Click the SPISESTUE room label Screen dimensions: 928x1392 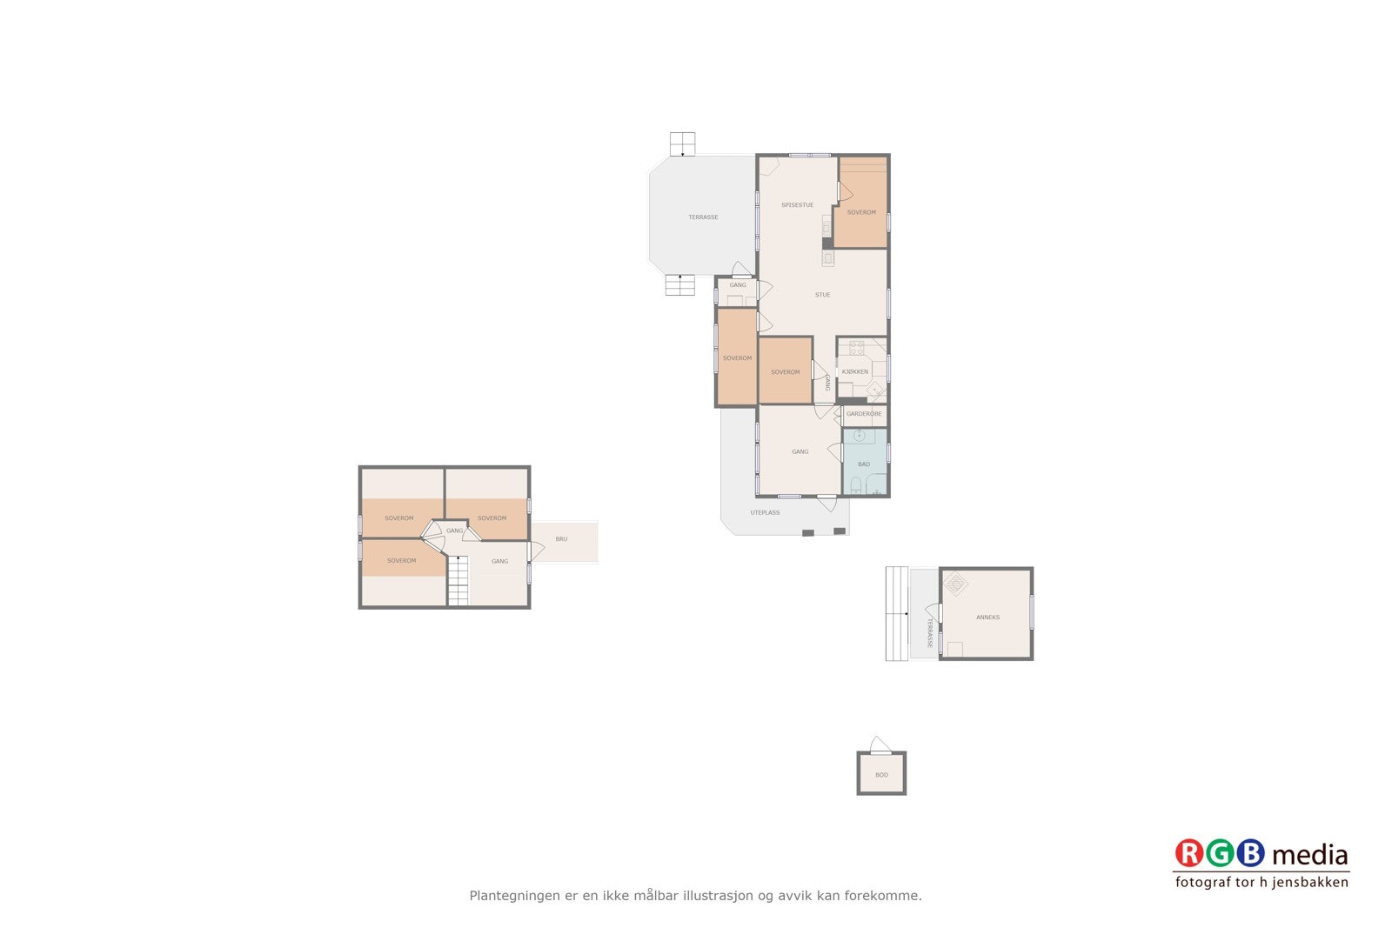tap(797, 205)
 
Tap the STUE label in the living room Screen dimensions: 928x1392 tap(822, 295)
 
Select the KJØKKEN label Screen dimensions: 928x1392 tap(855, 371)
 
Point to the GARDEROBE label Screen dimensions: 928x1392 tap(864, 414)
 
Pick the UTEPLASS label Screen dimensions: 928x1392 tap(765, 513)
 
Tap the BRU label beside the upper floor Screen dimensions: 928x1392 tap(562, 539)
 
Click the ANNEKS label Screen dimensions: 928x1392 tap(987, 618)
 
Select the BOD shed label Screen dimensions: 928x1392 tap(881, 775)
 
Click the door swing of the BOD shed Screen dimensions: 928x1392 tap(880, 744)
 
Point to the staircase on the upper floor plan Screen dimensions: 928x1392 tap(458, 581)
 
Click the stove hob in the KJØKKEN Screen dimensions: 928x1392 tap(857, 348)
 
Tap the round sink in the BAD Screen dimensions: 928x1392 tap(859, 436)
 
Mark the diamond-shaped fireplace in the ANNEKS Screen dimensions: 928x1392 tap(955, 584)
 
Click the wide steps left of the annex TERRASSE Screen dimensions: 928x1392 tap(896, 614)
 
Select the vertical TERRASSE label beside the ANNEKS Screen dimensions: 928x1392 tap(929, 633)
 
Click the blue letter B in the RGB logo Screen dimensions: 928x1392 tap(1250, 853)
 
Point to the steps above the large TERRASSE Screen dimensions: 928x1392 tap(682, 144)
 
